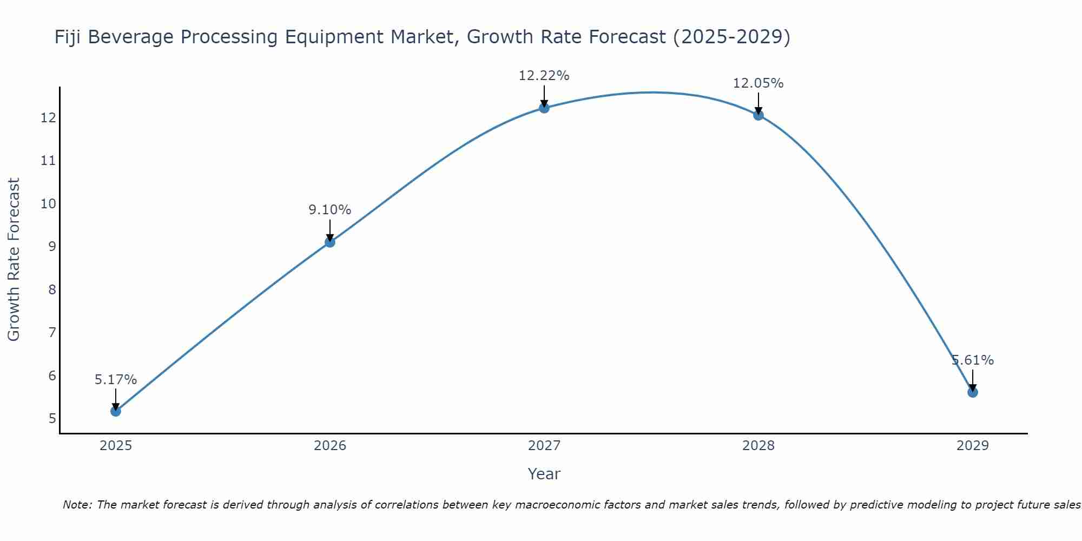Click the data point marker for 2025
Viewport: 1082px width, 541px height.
pyautogui.click(x=116, y=411)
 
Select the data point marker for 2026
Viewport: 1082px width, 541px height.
pyautogui.click(x=330, y=242)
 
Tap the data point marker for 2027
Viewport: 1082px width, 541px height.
pyautogui.click(x=544, y=108)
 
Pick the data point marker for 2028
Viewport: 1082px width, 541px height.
pyautogui.click(x=758, y=115)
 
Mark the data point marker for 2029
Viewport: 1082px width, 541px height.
pyautogui.click(x=973, y=392)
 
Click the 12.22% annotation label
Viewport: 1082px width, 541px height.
pyautogui.click(x=544, y=76)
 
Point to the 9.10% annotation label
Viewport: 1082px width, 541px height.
pyautogui.click(x=330, y=210)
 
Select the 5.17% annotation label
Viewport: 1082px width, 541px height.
pyautogui.click(x=116, y=380)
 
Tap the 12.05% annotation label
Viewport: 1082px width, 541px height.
pyautogui.click(x=758, y=83)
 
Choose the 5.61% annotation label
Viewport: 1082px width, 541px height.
pyautogui.click(x=973, y=360)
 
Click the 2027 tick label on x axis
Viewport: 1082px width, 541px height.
pyautogui.click(x=544, y=446)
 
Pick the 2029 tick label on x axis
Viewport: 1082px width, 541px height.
pyautogui.click(x=973, y=446)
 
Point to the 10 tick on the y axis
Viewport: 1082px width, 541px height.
pyautogui.click(x=48, y=204)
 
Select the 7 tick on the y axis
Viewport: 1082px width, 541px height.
pyautogui.click(x=52, y=333)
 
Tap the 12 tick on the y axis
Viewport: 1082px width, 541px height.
pyautogui.click(x=48, y=118)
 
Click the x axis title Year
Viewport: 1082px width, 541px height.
pyautogui.click(x=544, y=474)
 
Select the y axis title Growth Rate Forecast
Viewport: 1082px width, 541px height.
pyautogui.click(x=14, y=259)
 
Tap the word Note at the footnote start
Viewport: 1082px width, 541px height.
pyautogui.click(x=78, y=505)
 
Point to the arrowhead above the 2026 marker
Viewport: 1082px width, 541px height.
pyautogui.click(x=330, y=237)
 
